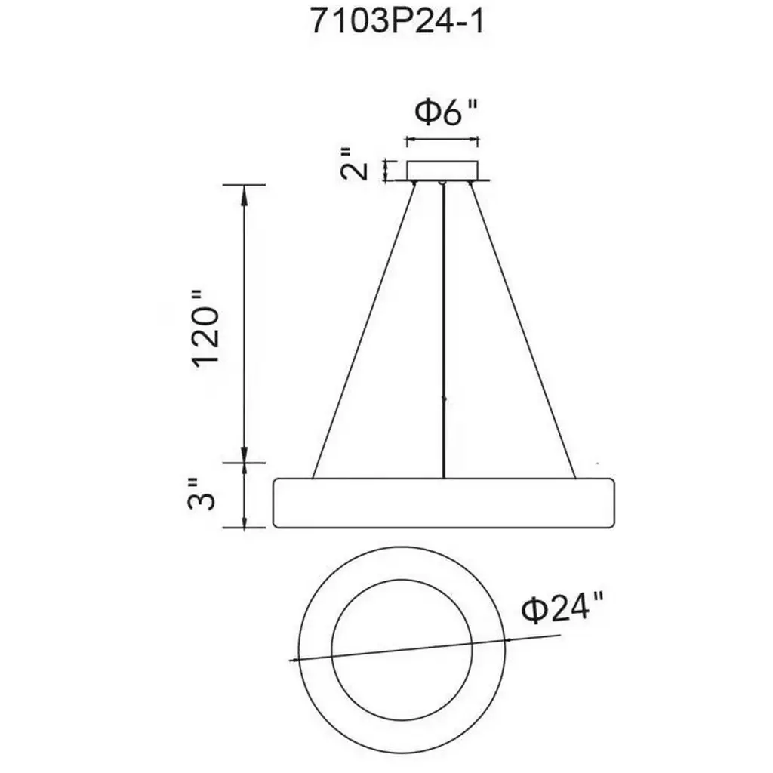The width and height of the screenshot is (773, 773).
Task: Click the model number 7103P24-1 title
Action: click(397, 22)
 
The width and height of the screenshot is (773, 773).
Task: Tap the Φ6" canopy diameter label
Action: click(445, 114)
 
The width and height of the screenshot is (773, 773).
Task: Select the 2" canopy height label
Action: click(355, 164)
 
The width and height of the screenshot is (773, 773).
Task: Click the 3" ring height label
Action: click(202, 494)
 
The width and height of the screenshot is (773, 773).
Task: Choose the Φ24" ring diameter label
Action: click(562, 610)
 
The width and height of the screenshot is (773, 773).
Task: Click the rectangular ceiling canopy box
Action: click(442, 170)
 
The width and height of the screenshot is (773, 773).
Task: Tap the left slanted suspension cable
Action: click(363, 331)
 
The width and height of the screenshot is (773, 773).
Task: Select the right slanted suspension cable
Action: click(522, 331)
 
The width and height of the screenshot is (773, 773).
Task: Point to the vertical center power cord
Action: click(444, 331)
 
